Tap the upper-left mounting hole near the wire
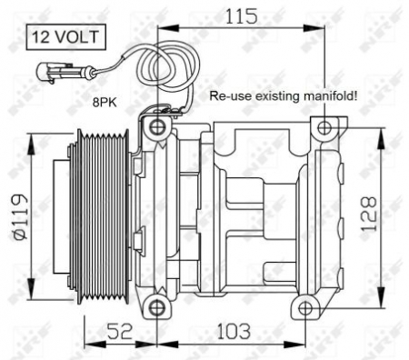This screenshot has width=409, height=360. pyautogui.click(x=157, y=125)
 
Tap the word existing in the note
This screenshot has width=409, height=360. pyautogui.click(x=277, y=94)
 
